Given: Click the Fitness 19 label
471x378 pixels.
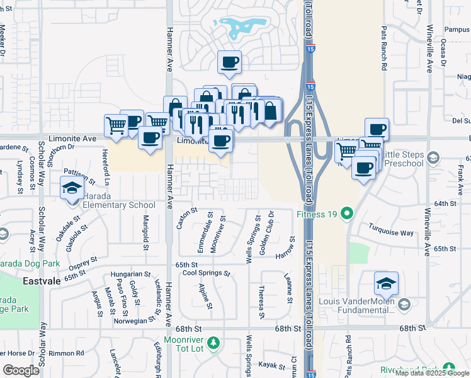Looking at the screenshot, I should tap(317, 214).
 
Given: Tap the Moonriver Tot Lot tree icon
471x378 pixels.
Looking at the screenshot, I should tap(214, 343).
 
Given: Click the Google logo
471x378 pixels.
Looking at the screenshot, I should tap(21, 370).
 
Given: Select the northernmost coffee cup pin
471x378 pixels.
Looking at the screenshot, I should tap(229, 62).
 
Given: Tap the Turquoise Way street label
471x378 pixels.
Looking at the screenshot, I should tap(391, 231).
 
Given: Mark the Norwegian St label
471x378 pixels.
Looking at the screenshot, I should tap(133, 320).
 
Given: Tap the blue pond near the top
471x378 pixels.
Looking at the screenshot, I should tap(242, 26).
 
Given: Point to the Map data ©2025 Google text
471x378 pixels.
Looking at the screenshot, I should tap(432, 373).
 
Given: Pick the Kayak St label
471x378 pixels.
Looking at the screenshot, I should tap(273, 365).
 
